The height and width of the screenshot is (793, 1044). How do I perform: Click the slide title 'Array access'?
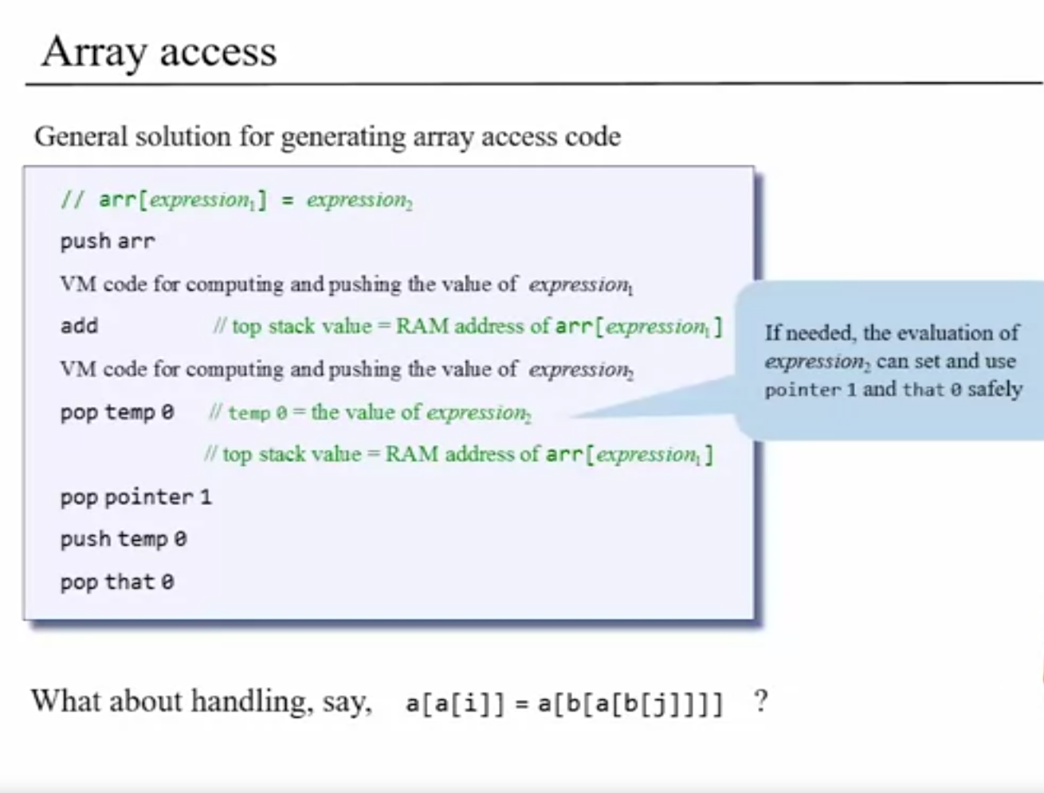(159, 53)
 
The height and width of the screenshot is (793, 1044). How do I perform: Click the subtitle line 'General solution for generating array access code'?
(327, 136)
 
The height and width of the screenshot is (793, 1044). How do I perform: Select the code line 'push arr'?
(108, 241)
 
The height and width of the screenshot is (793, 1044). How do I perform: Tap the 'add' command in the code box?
(79, 326)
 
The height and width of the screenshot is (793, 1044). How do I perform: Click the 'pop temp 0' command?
(116, 412)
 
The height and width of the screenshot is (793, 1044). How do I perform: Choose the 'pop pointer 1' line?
(135, 497)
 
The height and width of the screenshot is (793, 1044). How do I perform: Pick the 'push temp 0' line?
(123, 540)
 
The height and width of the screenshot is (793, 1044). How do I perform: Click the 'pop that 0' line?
(116, 582)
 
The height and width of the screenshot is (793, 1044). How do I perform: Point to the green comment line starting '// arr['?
(237, 200)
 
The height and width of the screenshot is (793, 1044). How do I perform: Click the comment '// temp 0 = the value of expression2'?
(371, 412)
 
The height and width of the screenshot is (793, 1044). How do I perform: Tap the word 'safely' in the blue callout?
(995, 389)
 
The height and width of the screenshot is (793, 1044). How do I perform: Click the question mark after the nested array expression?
(760, 702)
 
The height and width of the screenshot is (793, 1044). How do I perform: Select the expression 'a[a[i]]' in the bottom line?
(455, 704)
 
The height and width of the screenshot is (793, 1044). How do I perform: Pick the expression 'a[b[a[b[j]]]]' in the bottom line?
(630, 704)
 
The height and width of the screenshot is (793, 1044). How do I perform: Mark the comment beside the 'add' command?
(468, 326)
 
